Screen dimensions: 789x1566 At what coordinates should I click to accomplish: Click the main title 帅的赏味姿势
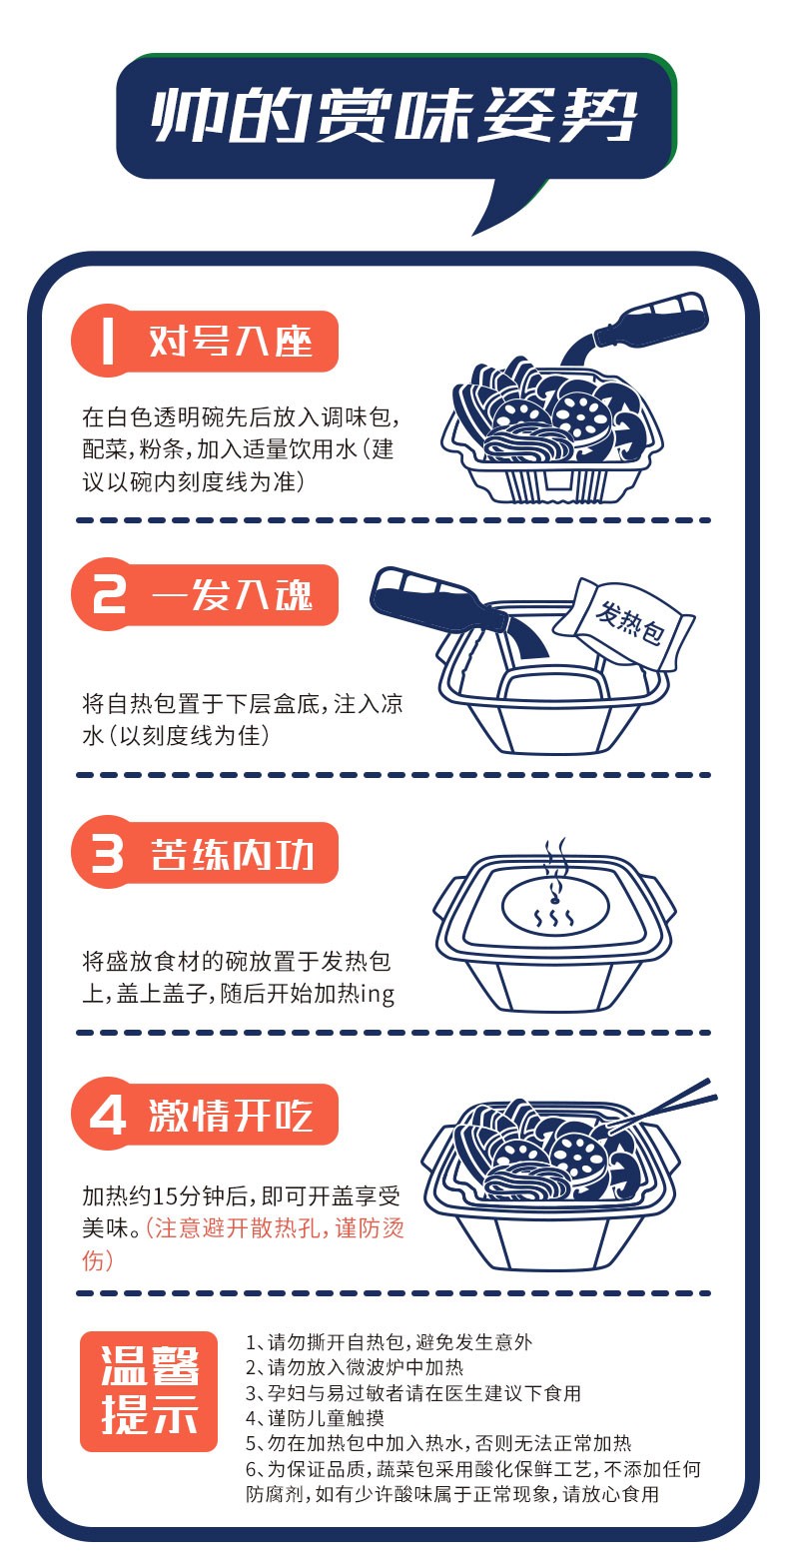click(x=394, y=116)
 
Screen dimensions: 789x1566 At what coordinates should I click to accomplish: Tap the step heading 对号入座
click(x=230, y=342)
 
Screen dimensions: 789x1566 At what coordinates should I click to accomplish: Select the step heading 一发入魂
click(x=232, y=595)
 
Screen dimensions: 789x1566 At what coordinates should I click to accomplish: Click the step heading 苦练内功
click(x=232, y=854)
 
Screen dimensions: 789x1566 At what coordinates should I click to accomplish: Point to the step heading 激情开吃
click(x=230, y=1115)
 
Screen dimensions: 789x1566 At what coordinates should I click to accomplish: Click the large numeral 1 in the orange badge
click(x=107, y=342)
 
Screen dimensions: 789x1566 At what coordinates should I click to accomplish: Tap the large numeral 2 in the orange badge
click(x=109, y=595)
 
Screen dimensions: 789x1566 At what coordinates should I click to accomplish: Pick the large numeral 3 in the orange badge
click(x=108, y=854)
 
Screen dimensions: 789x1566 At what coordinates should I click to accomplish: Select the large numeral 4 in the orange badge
click(x=108, y=1115)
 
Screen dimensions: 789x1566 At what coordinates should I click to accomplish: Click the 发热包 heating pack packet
click(x=624, y=623)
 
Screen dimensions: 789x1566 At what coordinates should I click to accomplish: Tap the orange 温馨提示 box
click(x=149, y=1391)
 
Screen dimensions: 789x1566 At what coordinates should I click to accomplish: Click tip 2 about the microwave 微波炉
click(x=355, y=1367)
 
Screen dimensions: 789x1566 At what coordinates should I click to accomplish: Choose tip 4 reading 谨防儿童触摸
click(x=315, y=1418)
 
